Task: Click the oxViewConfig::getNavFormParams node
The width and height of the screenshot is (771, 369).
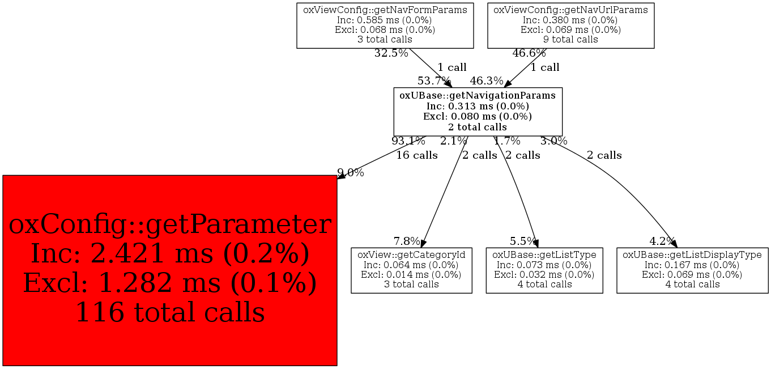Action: tap(385, 26)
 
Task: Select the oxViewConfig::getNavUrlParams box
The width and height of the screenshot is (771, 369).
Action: tap(570, 26)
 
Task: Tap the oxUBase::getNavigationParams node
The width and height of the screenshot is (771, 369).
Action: tap(478, 111)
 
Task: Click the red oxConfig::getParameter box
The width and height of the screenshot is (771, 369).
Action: tap(170, 270)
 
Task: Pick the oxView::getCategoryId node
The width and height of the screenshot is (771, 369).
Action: tap(411, 270)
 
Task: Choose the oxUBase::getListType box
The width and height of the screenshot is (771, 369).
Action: tap(544, 270)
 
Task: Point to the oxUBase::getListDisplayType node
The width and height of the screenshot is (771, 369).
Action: tap(692, 270)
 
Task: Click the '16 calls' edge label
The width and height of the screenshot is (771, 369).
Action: tap(417, 155)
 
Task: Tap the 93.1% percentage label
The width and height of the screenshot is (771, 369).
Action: tap(408, 141)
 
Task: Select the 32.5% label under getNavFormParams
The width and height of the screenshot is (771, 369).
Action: tap(391, 53)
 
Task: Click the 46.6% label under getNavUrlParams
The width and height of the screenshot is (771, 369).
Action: tap(529, 53)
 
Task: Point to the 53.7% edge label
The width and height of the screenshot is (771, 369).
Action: tap(434, 81)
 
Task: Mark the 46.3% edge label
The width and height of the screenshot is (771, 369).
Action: tap(487, 81)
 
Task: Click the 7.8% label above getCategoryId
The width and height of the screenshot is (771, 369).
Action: tap(407, 241)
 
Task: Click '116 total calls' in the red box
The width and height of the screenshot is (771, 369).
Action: tap(170, 312)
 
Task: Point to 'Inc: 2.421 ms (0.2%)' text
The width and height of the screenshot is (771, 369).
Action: tap(170, 253)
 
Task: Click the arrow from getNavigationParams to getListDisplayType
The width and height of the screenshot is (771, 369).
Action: tap(617, 180)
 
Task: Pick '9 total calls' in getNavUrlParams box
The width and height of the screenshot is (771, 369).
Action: tap(570, 39)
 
